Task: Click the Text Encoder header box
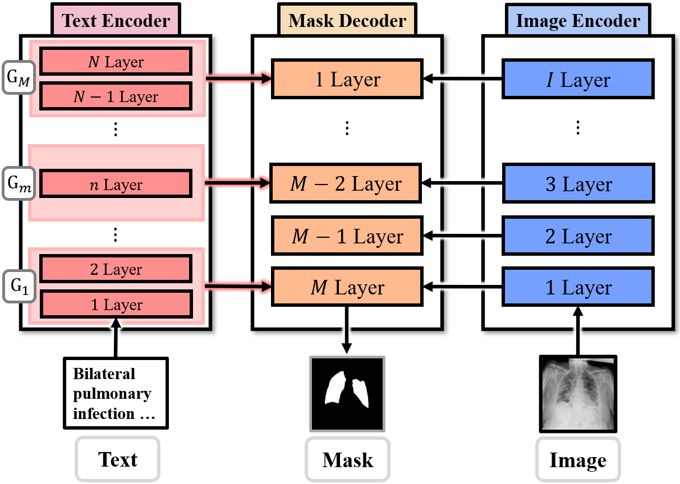(x=116, y=21)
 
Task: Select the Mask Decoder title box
(x=347, y=21)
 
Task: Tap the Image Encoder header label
(x=578, y=21)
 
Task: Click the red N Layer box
(x=116, y=62)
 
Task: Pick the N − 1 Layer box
(x=116, y=96)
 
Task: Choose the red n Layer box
(x=116, y=185)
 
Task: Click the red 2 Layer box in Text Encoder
(x=116, y=270)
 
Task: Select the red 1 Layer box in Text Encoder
(x=116, y=305)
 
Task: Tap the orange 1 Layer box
(x=347, y=80)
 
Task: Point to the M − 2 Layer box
(x=345, y=183)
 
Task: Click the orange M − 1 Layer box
(x=347, y=236)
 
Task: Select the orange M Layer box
(x=347, y=288)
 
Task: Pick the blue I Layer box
(x=578, y=80)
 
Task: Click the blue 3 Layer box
(x=578, y=183)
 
